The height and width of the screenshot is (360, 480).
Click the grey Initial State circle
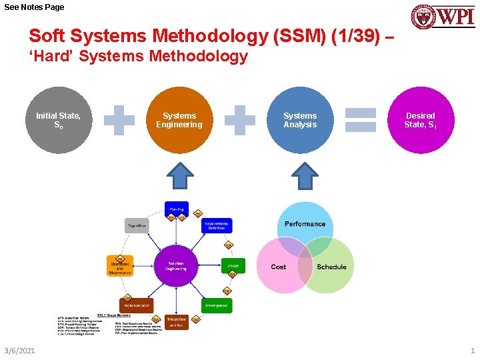[59, 121]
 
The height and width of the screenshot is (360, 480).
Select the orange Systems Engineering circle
[179, 121]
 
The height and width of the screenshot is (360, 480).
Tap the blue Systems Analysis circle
[300, 121]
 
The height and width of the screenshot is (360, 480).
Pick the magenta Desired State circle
[421, 121]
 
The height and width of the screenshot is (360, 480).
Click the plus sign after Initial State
[119, 121]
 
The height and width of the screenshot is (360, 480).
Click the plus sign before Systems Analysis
[239, 121]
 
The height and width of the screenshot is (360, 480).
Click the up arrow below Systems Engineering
[179, 176]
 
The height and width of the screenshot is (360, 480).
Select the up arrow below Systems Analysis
[306, 176]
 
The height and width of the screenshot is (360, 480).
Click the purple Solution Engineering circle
[176, 265]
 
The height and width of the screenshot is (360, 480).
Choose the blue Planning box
[177, 209]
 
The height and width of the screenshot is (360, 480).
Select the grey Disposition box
[137, 225]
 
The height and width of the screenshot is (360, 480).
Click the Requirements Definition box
[217, 225]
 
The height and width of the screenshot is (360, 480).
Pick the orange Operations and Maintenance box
[121, 265]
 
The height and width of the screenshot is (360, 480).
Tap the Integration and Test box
[177, 322]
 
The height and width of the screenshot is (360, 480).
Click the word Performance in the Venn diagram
[305, 224]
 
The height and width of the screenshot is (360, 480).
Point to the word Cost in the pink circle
[279, 267]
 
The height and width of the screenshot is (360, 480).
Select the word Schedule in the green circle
[331, 267]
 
